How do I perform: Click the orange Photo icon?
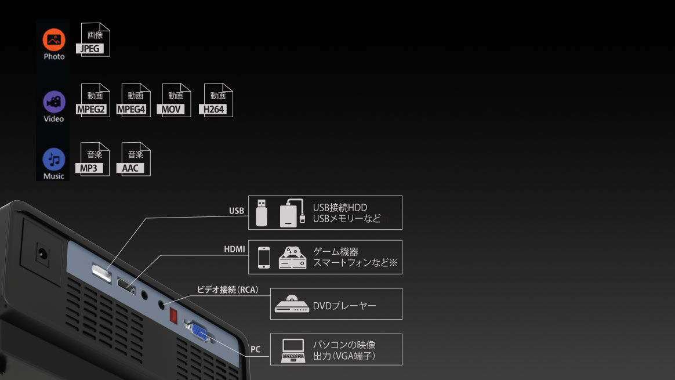(54, 39)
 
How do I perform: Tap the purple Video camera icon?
(54, 102)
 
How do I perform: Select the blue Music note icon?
(54, 160)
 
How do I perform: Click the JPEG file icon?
(93, 39)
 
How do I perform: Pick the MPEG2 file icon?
(93, 100)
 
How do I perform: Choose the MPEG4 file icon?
(133, 100)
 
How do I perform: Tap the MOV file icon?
(174, 100)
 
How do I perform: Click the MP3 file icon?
(93, 159)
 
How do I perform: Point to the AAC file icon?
(133, 159)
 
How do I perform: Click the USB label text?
(237, 211)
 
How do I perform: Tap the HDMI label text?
(234, 249)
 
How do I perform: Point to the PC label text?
(255, 349)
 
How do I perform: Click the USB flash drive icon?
(262, 213)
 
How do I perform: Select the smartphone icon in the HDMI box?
(264, 258)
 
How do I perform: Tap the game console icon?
(293, 258)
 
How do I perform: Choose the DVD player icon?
(292, 304)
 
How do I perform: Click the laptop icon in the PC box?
(293, 351)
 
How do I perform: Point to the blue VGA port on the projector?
(199, 332)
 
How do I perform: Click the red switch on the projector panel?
(173, 316)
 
